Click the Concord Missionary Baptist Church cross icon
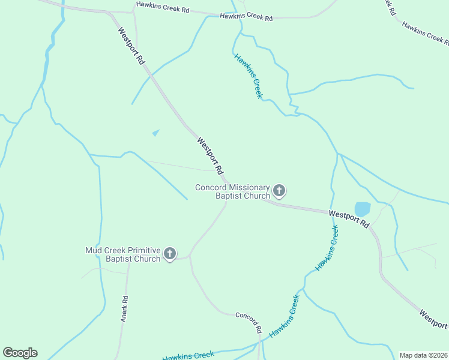click(x=279, y=191)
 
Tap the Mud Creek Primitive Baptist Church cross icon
click(x=170, y=254)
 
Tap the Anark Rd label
click(x=124, y=309)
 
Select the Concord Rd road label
click(x=249, y=322)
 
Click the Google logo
click(x=20, y=353)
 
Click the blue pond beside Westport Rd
click(x=363, y=209)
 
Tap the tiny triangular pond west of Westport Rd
click(x=156, y=133)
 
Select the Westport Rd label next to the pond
click(x=349, y=218)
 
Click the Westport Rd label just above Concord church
click(x=210, y=155)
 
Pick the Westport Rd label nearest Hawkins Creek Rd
click(x=131, y=46)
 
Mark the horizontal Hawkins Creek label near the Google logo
click(x=188, y=355)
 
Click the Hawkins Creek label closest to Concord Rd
click(x=284, y=316)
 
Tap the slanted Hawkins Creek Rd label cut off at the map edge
click(x=425, y=33)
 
